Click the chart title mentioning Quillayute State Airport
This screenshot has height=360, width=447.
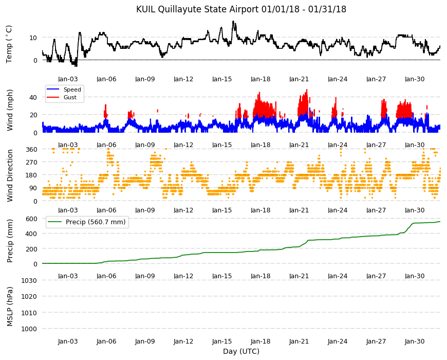(241, 9)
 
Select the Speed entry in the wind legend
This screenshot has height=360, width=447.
(72, 89)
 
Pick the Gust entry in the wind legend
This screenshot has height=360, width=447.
(70, 97)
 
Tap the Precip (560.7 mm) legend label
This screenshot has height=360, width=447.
(96, 222)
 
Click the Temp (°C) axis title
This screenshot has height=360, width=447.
(9, 44)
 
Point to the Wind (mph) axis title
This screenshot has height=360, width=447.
(10, 110)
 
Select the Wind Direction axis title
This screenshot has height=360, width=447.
(10, 176)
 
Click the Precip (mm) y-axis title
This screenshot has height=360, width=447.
(10, 241)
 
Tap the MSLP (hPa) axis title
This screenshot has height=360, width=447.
(10, 307)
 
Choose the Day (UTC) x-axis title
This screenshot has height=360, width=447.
(241, 351)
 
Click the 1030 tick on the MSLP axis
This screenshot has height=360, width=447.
(29, 280)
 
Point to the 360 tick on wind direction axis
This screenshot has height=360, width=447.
(31, 149)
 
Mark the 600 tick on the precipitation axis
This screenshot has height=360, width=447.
(31, 219)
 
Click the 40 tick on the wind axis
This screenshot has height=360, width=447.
(33, 97)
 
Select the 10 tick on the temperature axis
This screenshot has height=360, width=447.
(33, 38)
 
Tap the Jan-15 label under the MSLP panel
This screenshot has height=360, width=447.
(222, 341)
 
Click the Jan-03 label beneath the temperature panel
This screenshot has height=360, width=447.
(68, 79)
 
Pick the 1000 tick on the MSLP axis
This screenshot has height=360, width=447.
(29, 329)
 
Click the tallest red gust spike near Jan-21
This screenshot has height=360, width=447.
(307, 90)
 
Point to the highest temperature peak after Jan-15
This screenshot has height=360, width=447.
(233, 22)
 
